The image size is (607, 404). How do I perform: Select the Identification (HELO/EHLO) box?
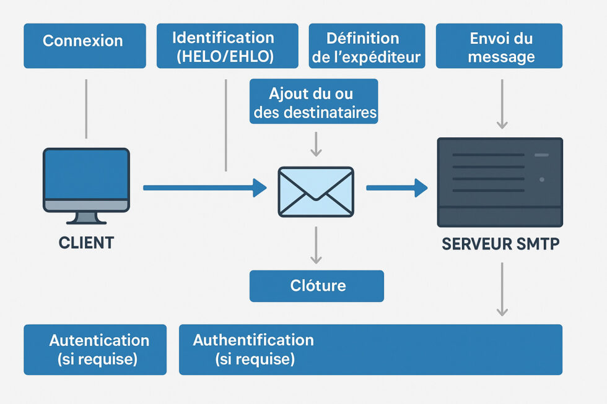pos(227,46)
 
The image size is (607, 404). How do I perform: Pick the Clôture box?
pos(317,286)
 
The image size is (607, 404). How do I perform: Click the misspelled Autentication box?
pos(95,350)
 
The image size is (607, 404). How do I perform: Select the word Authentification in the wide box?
pos(253,340)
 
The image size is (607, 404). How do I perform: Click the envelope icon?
pos(316,192)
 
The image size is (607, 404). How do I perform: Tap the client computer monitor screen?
pos(86,175)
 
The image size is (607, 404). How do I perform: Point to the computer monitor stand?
pos(86,217)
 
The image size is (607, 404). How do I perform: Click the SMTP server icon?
pos(500,182)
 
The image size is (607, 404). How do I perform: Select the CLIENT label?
pos(86,243)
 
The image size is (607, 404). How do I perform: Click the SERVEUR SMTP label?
pos(500,244)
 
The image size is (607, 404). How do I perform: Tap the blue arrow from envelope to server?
pos(396,187)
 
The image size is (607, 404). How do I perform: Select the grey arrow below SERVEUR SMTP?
pos(502,288)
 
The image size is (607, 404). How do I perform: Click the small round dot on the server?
pos(542,179)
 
